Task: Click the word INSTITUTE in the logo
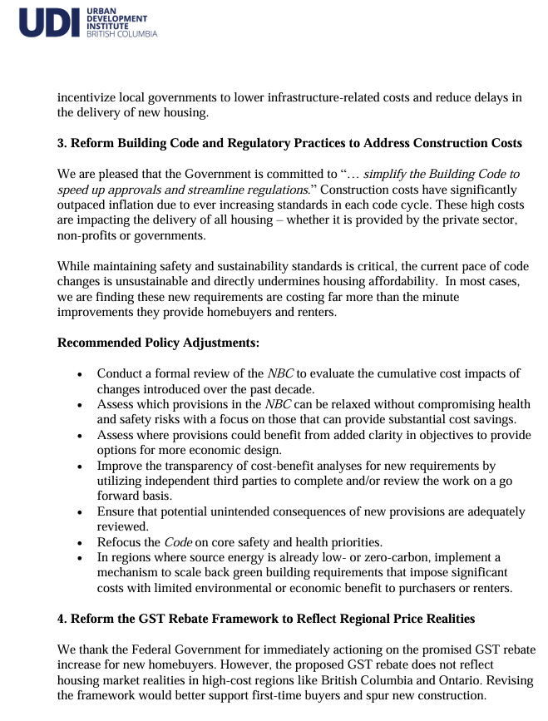(x=107, y=26)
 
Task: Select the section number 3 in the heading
(x=61, y=143)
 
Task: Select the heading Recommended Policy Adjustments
(x=158, y=342)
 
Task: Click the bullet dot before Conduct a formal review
(x=79, y=375)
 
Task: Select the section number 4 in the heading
(x=61, y=619)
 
